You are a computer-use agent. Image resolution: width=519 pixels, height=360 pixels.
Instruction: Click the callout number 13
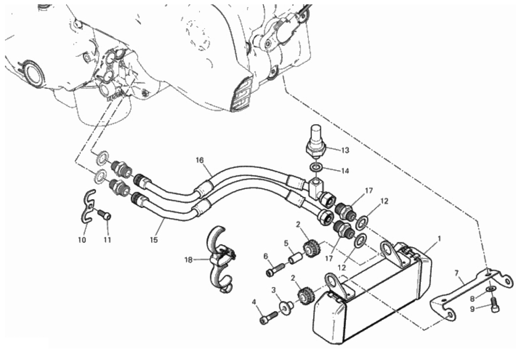click(x=345, y=150)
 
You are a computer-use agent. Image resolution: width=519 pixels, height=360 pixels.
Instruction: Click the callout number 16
click(x=200, y=160)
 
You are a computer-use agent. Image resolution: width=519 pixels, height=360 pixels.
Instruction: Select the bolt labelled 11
click(x=106, y=215)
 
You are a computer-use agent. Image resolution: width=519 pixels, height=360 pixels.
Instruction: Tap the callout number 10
click(x=82, y=240)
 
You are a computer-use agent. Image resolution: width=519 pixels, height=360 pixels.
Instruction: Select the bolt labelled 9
click(x=495, y=305)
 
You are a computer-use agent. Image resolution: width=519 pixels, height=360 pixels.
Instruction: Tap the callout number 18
click(x=189, y=260)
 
